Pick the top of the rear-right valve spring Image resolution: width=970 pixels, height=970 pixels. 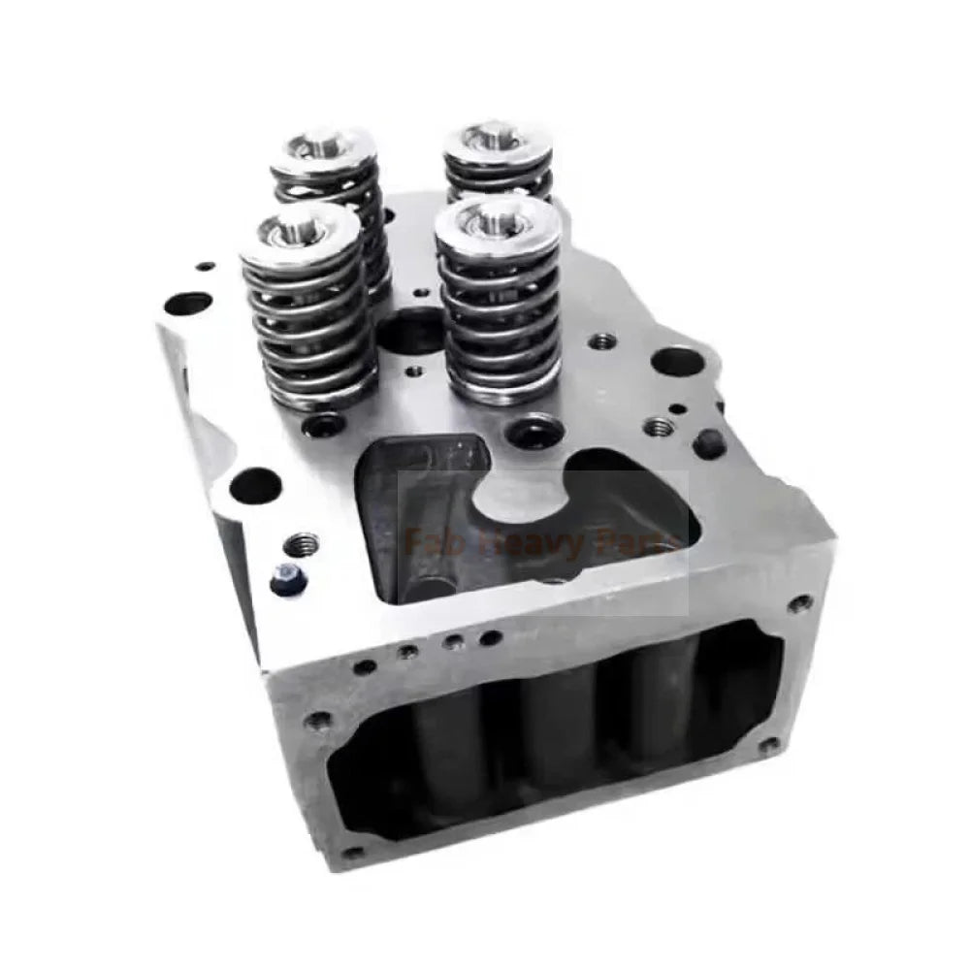pos(497,140)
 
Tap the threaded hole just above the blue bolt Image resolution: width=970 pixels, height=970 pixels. pos(303,538)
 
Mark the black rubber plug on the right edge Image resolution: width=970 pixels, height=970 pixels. pos(709,444)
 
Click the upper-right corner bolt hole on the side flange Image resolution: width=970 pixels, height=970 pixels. pos(799,603)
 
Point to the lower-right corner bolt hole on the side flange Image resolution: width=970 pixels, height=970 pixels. pos(768,746)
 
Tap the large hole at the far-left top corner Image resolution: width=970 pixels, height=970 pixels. pos(189,305)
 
